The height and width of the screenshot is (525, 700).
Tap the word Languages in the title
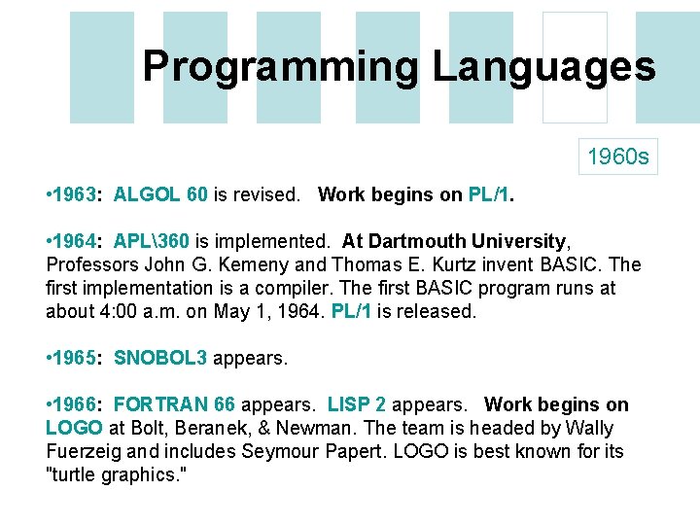tap(543, 66)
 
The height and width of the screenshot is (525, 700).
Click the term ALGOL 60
tap(160, 194)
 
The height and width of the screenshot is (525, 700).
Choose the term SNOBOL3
tap(160, 358)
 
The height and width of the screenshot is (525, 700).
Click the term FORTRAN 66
tap(175, 404)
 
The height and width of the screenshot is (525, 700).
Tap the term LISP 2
tap(359, 404)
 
